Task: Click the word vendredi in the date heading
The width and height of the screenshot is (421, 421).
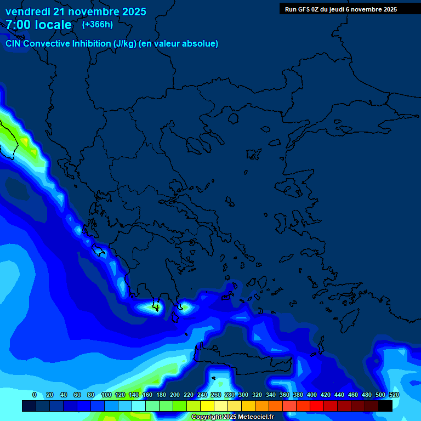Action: [x=26, y=12]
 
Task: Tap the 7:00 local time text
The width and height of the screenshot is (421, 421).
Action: [x=38, y=25]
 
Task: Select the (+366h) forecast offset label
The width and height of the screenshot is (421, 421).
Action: [x=98, y=24]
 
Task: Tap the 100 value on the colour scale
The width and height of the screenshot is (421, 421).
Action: [x=106, y=395]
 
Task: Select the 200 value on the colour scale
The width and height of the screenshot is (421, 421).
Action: [x=174, y=395]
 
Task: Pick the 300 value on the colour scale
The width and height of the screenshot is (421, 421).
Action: [x=243, y=395]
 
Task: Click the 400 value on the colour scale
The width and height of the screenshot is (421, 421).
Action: [x=311, y=395]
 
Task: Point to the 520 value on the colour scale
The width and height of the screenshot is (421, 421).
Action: [x=394, y=395]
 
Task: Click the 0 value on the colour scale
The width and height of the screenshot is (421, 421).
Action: [x=35, y=395]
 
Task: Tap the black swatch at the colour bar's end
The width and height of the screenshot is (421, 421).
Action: [x=385, y=406]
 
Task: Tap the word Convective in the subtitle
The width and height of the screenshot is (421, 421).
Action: [x=46, y=43]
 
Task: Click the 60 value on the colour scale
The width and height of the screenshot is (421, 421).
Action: [x=77, y=395]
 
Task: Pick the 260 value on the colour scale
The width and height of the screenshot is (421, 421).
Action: [x=215, y=395]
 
